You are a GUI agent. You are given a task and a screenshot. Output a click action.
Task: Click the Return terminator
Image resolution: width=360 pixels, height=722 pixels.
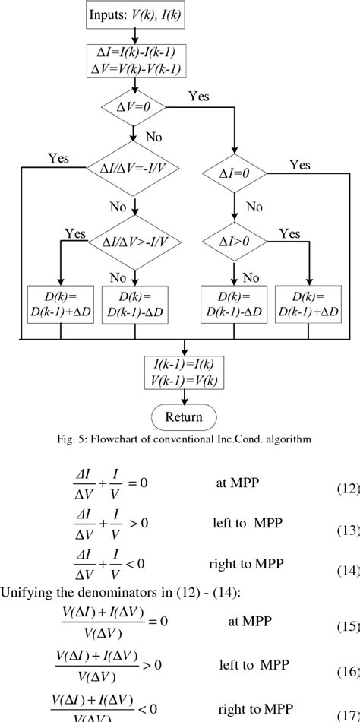click(183, 416)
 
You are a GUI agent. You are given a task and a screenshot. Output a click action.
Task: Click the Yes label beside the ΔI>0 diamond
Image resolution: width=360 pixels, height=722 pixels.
click(289, 234)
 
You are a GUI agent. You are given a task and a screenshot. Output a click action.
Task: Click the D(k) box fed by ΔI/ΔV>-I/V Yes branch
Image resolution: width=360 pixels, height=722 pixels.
click(58, 302)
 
